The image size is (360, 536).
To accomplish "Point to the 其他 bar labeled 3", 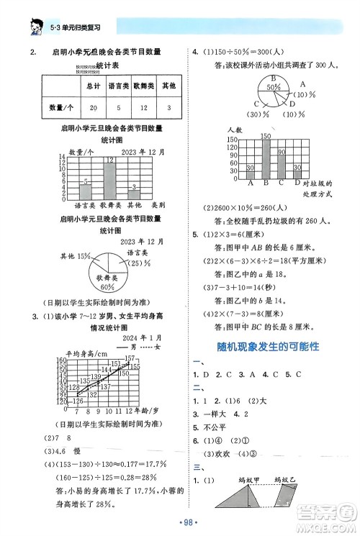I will click(x=135, y=195).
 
